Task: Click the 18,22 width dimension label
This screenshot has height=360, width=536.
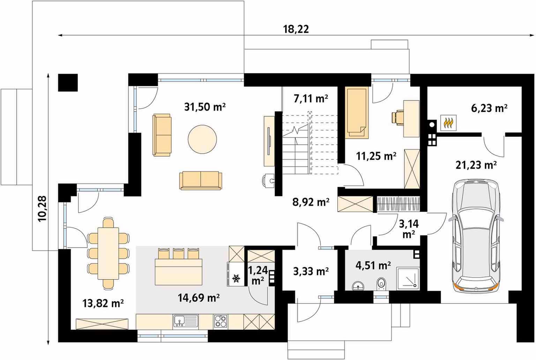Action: (296, 29)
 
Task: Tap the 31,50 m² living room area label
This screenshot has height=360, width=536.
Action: (205, 107)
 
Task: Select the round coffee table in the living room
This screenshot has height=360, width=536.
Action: (202, 139)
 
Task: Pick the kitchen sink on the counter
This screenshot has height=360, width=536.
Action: (186, 321)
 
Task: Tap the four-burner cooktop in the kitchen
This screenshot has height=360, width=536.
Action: (221, 321)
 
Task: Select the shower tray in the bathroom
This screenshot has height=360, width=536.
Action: (408, 279)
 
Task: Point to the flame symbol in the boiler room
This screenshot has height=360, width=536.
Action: (448, 123)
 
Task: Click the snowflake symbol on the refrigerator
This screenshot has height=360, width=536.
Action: (236, 278)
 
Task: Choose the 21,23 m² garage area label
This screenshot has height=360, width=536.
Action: (476, 165)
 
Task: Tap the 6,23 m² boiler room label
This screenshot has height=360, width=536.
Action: (489, 108)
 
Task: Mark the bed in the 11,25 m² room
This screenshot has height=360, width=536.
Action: (357, 112)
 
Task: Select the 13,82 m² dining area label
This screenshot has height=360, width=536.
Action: (103, 303)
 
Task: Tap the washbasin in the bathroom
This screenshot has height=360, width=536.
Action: (358, 285)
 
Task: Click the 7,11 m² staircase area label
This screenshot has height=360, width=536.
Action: (311, 98)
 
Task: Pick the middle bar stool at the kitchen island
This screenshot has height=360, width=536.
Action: (179, 254)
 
